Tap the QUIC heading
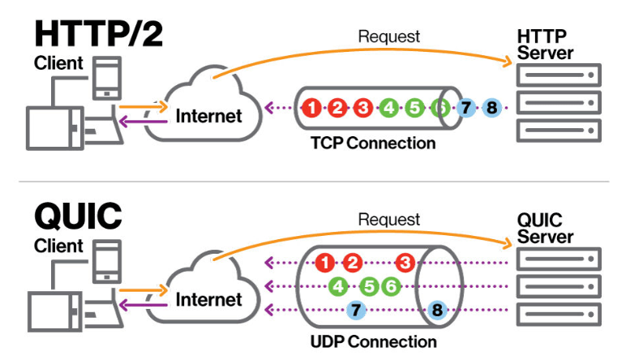point(78,215)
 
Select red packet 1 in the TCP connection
point(312,107)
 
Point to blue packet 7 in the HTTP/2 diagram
point(465,107)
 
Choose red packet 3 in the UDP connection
point(405,263)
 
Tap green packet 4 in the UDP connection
point(340,285)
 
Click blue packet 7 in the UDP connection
point(355,309)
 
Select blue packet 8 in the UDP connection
point(437,309)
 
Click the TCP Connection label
point(373,144)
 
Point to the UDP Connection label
point(374,341)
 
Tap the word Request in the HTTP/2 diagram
point(389,36)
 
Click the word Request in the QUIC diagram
point(389,220)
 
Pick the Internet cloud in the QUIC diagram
point(208,294)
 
